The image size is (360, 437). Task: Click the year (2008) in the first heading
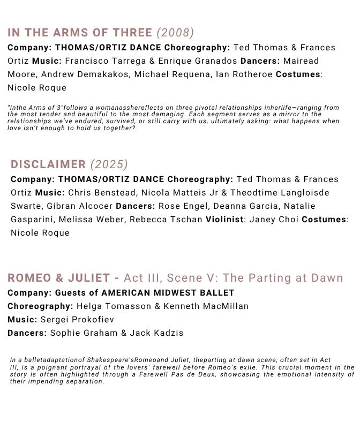(175, 33)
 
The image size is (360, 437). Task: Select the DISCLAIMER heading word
(48, 164)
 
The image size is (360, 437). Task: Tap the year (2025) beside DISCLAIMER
(109, 164)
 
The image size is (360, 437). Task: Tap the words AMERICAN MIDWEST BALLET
(168, 292)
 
